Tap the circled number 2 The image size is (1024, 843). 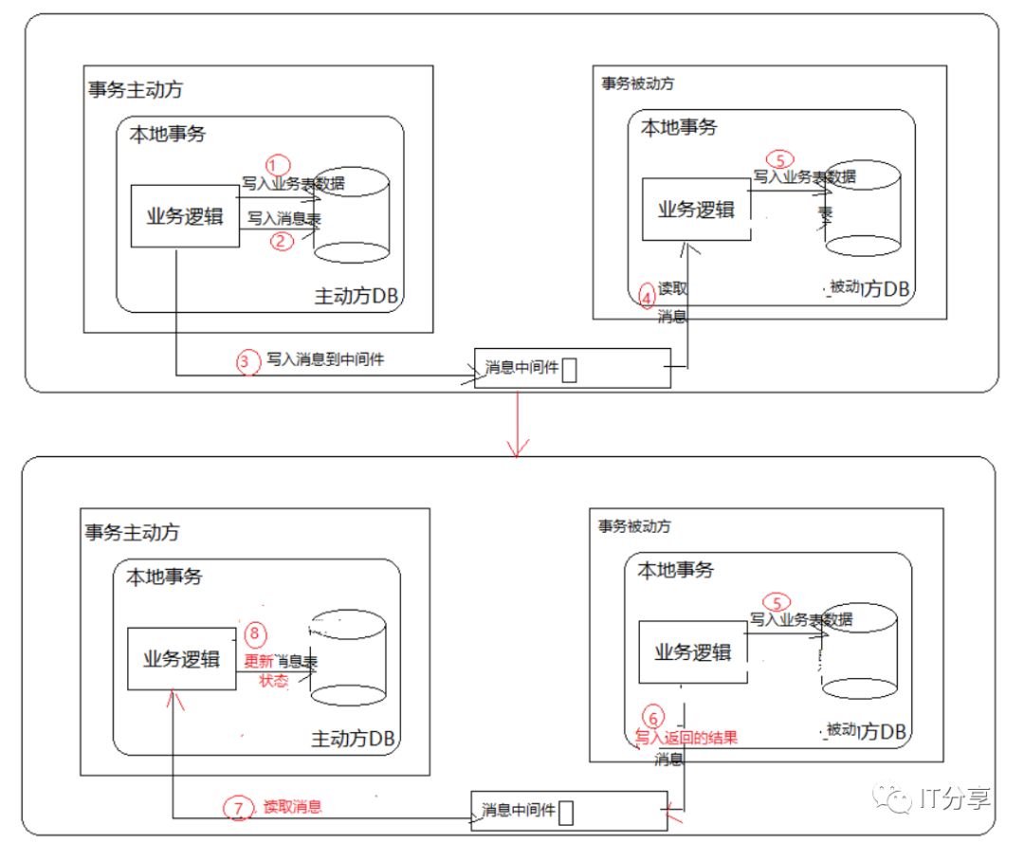click(282, 241)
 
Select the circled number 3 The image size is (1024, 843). click(247, 361)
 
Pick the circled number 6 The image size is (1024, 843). click(652, 715)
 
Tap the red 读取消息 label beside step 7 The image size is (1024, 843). click(293, 807)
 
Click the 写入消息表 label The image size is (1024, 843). click(283, 218)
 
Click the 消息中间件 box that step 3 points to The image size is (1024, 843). click(572, 368)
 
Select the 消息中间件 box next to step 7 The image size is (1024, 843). click(568, 811)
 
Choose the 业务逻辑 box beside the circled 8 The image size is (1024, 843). click(181, 658)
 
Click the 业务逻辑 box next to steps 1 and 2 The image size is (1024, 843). click(184, 215)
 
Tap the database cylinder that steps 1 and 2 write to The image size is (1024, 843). click(352, 215)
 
